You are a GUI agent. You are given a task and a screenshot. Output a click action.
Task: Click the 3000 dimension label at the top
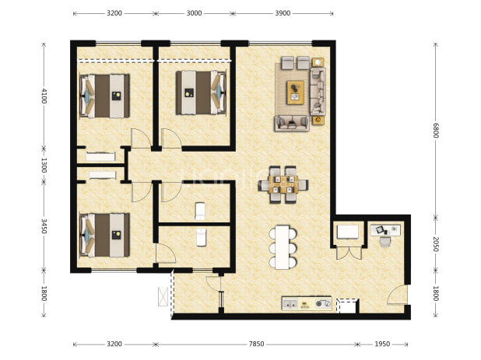point(194,13)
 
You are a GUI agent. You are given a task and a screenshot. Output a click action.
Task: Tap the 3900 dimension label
point(283,13)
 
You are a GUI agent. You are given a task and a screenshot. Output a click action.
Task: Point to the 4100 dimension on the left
point(44,96)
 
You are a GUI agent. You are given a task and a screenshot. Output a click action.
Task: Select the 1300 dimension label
point(44,165)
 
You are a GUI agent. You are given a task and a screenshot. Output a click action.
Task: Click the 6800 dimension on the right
point(436,131)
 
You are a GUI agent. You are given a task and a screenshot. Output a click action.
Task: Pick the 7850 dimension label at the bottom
point(256,344)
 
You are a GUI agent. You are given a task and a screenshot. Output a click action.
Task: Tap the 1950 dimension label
point(382,344)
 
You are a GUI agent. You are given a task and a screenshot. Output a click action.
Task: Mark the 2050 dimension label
point(436,244)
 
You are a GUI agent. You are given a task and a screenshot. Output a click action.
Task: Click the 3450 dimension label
point(44,225)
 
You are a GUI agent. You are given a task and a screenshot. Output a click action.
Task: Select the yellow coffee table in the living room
point(296,93)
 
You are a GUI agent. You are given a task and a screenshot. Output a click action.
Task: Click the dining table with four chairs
point(283,184)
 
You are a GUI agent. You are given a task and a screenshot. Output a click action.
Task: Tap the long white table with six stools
point(283,247)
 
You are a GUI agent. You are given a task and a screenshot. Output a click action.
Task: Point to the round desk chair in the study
point(385,242)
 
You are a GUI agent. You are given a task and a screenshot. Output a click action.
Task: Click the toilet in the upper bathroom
point(200,211)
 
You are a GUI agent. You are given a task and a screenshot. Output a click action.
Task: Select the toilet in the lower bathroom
point(202,237)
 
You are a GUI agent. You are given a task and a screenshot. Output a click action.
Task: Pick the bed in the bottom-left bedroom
point(104,235)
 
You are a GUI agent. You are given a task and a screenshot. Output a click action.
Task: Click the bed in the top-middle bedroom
point(202,93)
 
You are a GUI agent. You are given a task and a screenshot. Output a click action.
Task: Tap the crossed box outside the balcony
point(163,296)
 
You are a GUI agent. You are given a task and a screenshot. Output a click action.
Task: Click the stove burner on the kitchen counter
point(319,303)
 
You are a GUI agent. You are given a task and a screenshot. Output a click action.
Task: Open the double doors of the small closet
point(349,253)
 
